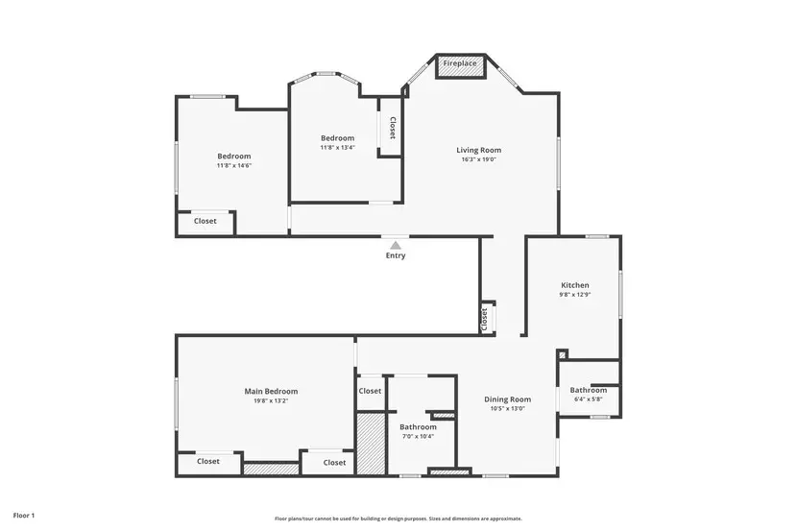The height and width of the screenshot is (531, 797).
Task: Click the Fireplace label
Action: pos(460,63)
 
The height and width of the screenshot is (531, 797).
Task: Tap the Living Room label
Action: pos(478,150)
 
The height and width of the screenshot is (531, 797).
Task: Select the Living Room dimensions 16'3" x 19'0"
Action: pos(478,159)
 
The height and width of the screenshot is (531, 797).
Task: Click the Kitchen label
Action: pos(575,285)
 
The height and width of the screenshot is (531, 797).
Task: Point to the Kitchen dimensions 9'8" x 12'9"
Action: pos(575,295)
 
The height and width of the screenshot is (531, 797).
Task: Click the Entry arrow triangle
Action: pos(395,244)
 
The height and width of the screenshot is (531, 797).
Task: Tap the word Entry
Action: pos(396,255)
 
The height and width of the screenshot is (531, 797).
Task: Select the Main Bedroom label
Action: pos(271,391)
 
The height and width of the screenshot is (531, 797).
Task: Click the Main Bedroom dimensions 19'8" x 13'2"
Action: pos(271,400)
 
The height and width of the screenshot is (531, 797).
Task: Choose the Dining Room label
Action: pos(507,399)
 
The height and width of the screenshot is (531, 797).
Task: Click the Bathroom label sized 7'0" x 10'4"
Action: pos(418,426)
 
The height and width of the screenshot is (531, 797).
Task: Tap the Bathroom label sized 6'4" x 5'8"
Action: pos(588,390)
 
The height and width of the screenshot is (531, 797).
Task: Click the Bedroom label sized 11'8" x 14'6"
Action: pos(233,157)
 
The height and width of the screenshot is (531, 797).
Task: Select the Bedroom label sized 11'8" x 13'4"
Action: pos(337,138)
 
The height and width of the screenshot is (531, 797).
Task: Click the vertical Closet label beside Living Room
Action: pos(392,128)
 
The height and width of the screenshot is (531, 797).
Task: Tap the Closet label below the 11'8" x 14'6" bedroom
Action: pos(205,221)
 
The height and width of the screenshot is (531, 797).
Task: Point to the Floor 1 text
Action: pos(24,516)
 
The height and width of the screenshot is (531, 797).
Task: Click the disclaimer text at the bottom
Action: pos(398,518)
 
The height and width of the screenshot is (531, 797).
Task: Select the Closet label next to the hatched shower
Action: pos(370,391)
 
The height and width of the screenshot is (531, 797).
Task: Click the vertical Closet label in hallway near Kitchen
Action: pos(485,317)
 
